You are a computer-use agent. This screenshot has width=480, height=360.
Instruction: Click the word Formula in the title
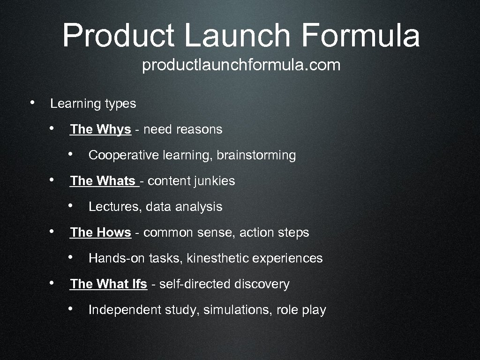click(360, 36)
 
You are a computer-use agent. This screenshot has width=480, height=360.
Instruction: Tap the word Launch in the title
click(237, 36)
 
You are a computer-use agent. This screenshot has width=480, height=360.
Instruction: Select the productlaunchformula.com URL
click(241, 66)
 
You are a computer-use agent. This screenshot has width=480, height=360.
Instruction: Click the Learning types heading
click(93, 104)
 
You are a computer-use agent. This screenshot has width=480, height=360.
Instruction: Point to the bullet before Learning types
click(31, 103)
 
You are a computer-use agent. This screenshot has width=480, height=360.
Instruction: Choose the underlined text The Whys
click(100, 129)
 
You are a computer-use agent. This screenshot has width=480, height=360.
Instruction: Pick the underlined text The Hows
click(100, 232)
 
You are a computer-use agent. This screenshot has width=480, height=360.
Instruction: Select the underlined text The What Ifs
click(108, 284)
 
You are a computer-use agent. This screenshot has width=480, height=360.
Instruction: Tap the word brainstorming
click(256, 155)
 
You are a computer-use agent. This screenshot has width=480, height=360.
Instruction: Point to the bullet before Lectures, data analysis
click(69, 205)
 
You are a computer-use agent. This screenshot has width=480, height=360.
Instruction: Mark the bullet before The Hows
click(53, 231)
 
